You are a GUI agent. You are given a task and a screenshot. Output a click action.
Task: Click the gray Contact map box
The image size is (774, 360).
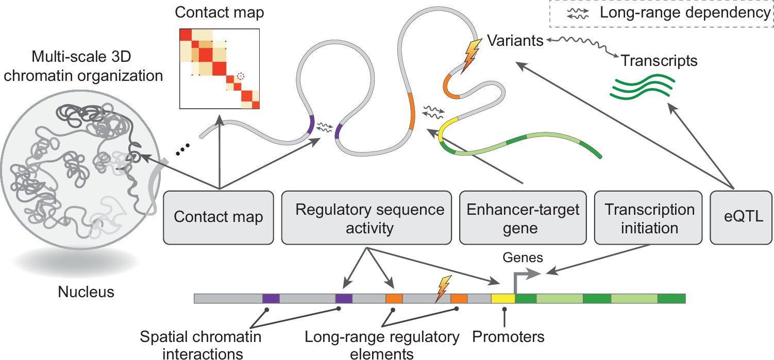pyautogui.click(x=218, y=217)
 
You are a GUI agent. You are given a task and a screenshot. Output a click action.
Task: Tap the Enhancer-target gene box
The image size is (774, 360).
pyautogui.click(x=524, y=217)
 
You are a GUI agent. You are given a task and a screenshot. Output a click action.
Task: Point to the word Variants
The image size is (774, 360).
pyautogui.click(x=515, y=40)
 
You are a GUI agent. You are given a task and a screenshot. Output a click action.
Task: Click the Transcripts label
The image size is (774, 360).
pyautogui.click(x=660, y=61)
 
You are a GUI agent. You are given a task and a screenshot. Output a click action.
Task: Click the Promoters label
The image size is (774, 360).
pyautogui.click(x=508, y=337)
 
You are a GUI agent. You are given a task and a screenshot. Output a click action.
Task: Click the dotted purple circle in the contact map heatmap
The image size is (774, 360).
pyautogui.click(x=240, y=76)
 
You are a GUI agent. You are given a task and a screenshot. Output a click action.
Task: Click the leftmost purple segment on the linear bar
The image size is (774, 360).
pyautogui.click(x=271, y=299)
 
